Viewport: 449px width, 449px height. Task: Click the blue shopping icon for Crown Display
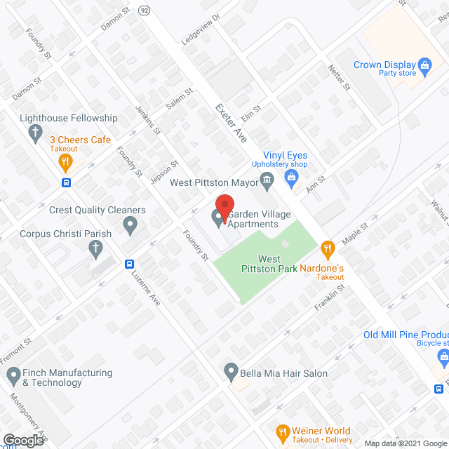(x=424, y=67)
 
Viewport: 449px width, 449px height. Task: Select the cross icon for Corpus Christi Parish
(x=95, y=248)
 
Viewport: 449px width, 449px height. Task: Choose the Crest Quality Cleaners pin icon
(x=130, y=224)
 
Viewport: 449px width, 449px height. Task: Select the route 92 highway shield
(x=145, y=10)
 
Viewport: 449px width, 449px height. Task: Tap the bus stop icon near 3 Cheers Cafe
(x=66, y=184)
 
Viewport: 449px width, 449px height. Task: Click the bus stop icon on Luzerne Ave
(x=130, y=264)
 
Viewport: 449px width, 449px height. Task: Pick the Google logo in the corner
(x=23, y=440)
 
